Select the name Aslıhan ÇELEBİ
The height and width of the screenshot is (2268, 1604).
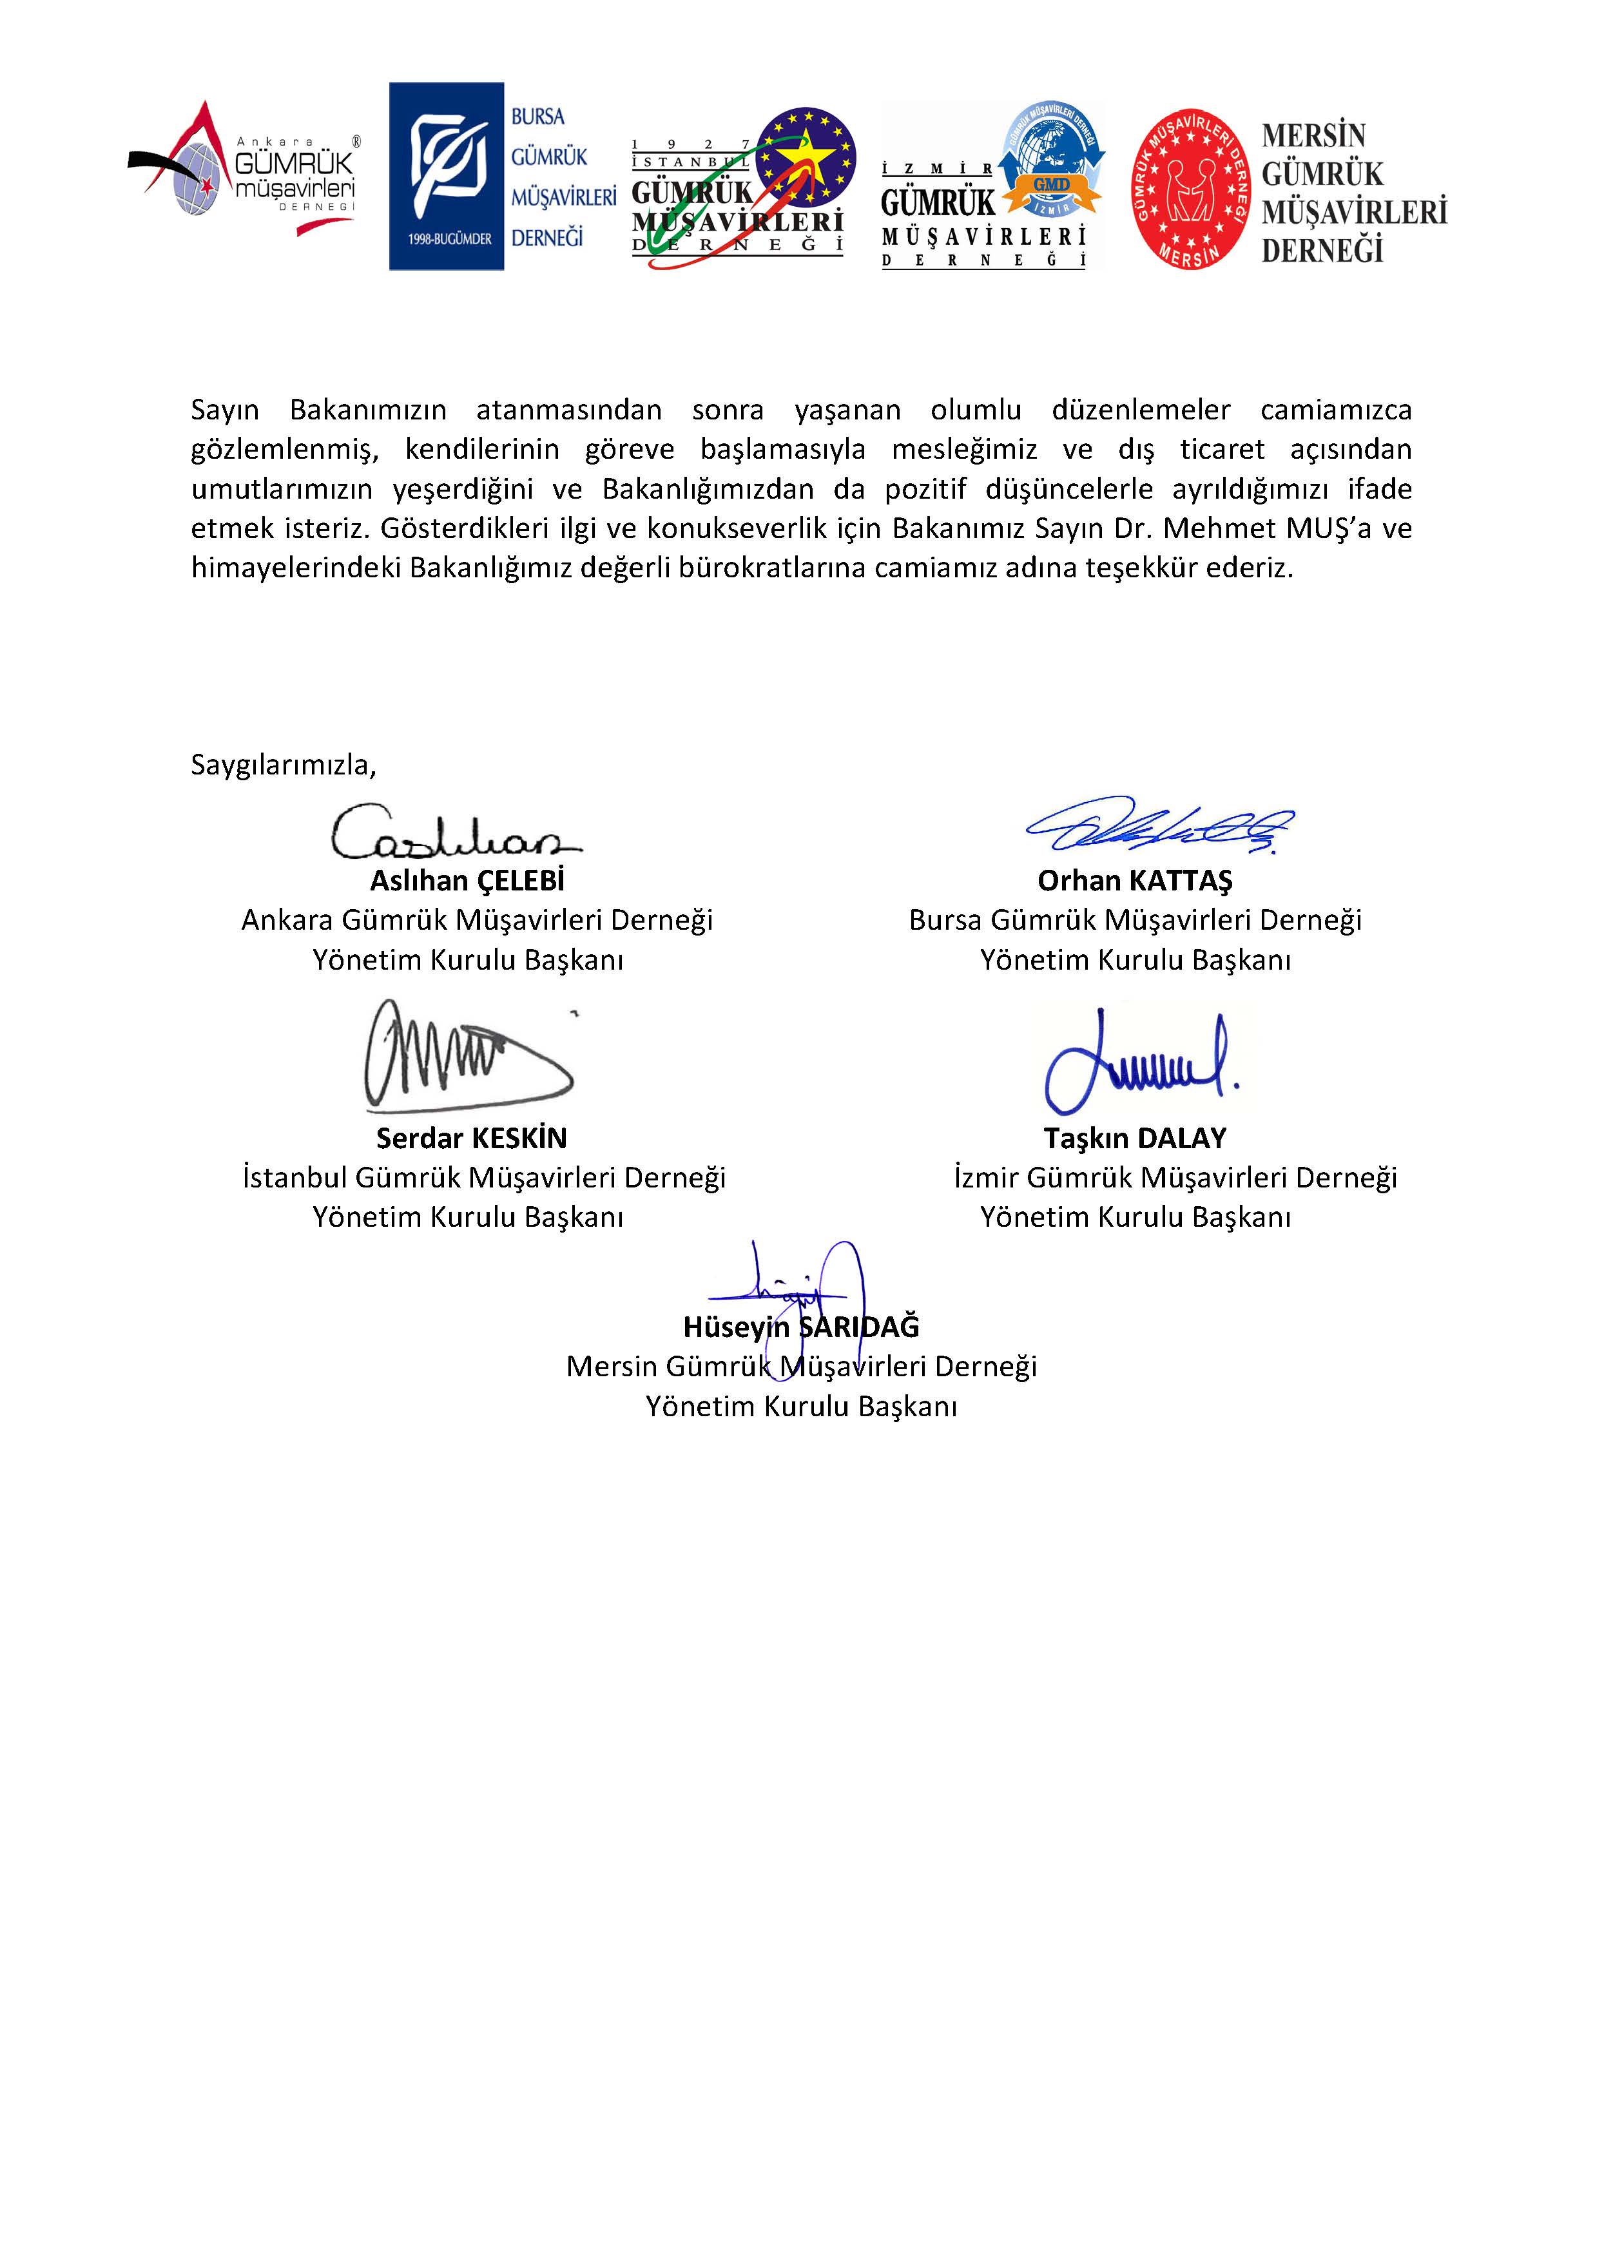(467, 880)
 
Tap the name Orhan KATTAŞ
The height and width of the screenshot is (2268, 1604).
(1135, 880)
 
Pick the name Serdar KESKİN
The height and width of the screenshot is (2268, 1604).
(471, 1138)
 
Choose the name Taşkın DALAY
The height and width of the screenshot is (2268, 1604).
(1135, 1138)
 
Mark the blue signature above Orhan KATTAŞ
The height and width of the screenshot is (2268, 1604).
(1161, 825)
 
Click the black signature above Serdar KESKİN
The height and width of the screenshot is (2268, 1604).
(464, 1057)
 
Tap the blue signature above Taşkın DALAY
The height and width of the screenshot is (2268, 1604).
(1136, 1062)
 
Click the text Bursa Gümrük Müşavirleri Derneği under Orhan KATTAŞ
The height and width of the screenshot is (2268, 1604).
(1135, 919)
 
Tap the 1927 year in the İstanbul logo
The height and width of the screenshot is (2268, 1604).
(691, 145)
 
